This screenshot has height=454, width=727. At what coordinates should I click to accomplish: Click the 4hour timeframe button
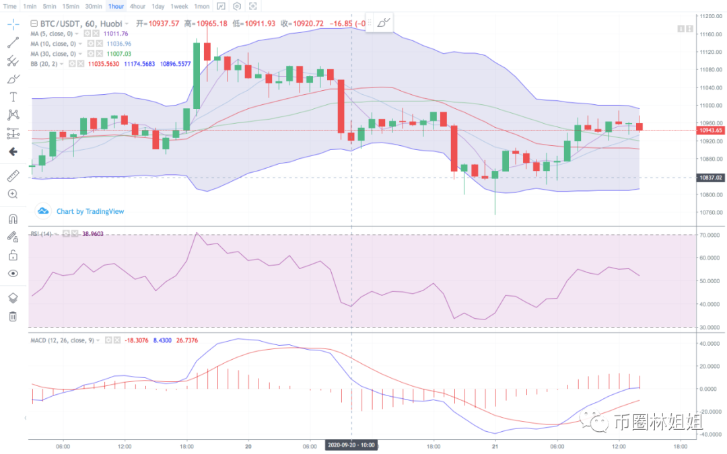tap(137, 6)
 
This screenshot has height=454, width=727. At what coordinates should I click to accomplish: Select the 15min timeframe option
tap(71, 6)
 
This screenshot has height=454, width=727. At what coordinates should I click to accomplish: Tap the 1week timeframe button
tap(179, 6)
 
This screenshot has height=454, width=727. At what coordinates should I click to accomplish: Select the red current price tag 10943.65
tap(711, 130)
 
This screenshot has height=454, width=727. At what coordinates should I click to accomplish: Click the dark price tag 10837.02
tap(711, 178)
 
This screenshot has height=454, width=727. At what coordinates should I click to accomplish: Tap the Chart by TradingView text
tap(90, 211)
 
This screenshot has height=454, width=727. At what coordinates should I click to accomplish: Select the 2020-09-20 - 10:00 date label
tap(351, 445)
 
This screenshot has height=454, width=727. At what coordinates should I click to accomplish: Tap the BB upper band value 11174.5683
tap(139, 64)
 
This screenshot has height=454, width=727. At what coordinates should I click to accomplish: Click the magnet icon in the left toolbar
tap(13, 219)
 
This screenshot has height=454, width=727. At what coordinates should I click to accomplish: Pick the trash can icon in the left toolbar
tap(13, 316)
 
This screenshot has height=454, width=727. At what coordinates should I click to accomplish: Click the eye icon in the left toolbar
tap(13, 274)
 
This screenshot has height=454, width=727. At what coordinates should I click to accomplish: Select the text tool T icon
tap(13, 97)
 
